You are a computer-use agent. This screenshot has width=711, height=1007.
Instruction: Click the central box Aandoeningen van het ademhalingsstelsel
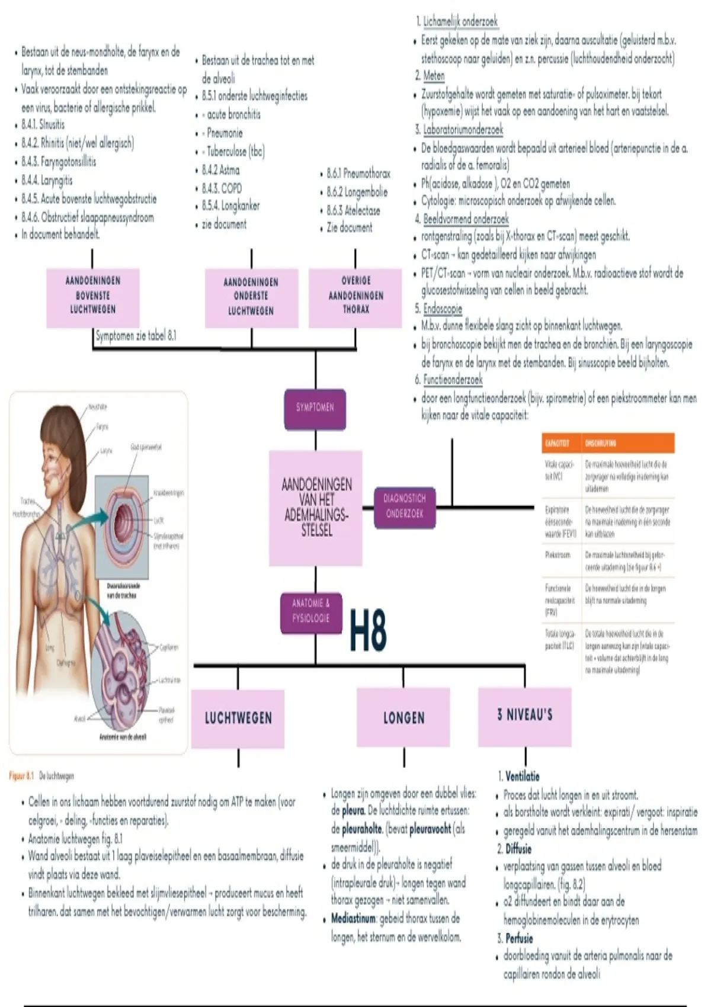tap(316, 508)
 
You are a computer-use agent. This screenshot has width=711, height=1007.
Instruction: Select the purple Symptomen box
tap(315, 408)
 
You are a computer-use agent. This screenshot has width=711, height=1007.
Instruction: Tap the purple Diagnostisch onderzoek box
tap(405, 506)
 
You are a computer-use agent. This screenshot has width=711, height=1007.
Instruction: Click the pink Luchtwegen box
tap(238, 718)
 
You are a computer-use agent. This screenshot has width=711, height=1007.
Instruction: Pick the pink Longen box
tap(403, 718)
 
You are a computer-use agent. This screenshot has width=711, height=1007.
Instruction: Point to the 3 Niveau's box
tap(525, 715)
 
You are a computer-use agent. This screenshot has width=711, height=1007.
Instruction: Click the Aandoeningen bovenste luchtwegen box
tap(93, 296)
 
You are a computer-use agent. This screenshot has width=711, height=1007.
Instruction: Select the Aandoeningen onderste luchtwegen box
tap(251, 297)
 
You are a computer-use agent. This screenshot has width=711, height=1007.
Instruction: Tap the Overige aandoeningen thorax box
tap(355, 295)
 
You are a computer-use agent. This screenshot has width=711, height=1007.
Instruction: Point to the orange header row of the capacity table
tap(608, 443)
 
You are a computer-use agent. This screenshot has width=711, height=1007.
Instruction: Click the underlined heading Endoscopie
tap(443, 309)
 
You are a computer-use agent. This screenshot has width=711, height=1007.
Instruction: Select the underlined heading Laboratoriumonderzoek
tap(463, 130)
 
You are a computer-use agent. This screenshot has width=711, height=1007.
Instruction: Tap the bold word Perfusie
tap(519, 938)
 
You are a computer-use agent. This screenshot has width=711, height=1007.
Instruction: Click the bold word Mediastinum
tap(354, 919)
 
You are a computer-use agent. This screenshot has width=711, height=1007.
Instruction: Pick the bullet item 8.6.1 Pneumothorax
tap(358, 174)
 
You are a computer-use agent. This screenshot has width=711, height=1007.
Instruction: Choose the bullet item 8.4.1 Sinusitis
tap(43, 125)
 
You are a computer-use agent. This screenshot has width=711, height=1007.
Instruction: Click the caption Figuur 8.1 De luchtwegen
tap(41, 776)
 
